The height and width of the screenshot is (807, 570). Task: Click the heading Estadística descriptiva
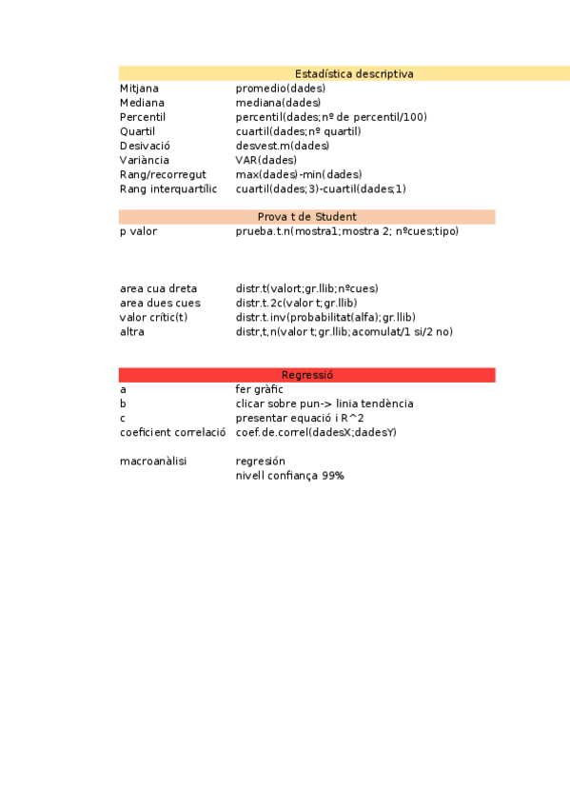pos(354,73)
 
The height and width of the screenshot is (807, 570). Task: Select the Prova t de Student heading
pos(306,217)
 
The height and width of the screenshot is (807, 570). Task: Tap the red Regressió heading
pos(306,375)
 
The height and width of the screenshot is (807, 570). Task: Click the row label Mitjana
pos(139,89)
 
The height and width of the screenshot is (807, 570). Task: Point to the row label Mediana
pos(142,103)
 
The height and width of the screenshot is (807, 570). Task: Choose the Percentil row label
pos(143,117)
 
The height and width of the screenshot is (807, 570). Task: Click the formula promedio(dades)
pos(280,89)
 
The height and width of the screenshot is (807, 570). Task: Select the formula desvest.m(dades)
pos(282,146)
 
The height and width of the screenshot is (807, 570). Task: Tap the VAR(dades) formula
pos(265,160)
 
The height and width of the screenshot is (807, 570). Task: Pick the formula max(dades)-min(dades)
pos(299,175)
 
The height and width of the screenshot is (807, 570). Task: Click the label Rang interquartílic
pos(168,188)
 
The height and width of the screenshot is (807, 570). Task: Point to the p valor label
pos(139,231)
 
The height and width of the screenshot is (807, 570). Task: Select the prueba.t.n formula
pos(346,231)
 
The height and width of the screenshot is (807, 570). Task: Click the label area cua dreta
pos(159,288)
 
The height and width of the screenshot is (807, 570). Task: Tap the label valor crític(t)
pos(153,317)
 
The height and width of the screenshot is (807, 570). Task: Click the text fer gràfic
pos(261,389)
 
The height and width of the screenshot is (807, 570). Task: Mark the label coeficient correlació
pos(172,432)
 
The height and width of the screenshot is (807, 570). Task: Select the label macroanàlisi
pos(153,461)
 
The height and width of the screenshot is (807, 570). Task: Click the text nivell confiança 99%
pos(289,475)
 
